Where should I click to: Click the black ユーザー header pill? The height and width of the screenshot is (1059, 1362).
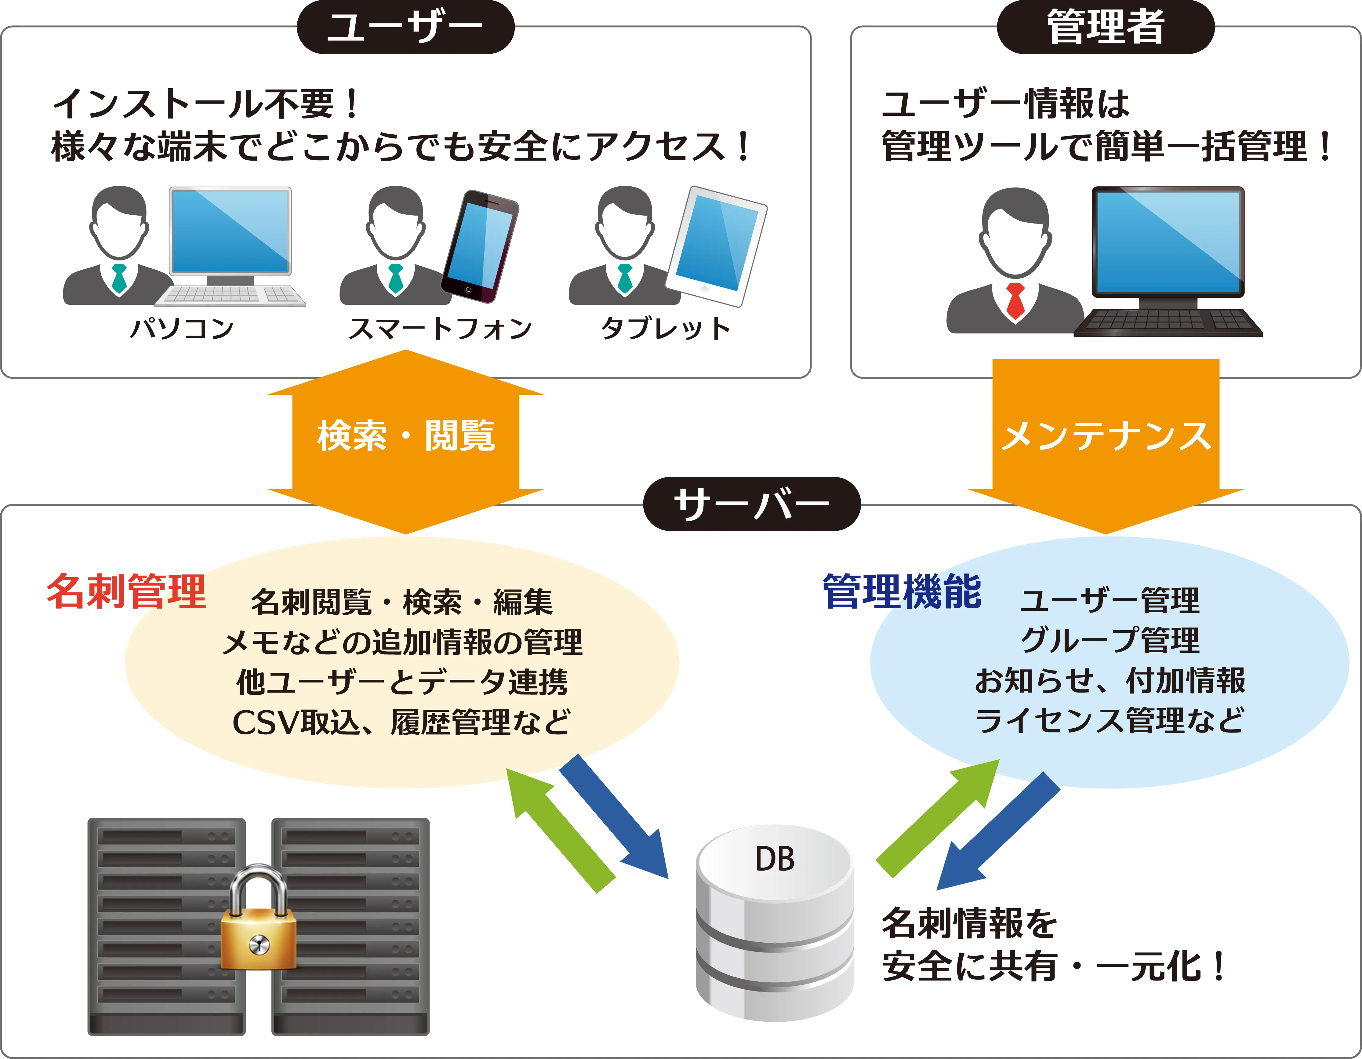[x=405, y=27]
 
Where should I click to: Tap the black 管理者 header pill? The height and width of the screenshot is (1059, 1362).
[x=1106, y=27]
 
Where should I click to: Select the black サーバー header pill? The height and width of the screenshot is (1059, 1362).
[x=751, y=504]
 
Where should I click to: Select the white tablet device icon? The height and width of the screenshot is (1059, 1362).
[x=716, y=246]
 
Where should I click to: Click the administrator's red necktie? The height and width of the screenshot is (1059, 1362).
[x=1016, y=300]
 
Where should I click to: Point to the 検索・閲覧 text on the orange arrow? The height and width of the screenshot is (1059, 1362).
[x=406, y=435]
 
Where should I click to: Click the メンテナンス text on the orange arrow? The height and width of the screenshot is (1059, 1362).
[x=1106, y=435]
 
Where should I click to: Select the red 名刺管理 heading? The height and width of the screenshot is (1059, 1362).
[x=127, y=591]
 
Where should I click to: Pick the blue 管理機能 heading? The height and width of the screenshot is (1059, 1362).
[x=902, y=591]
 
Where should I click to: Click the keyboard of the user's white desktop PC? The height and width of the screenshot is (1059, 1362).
[x=230, y=296]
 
